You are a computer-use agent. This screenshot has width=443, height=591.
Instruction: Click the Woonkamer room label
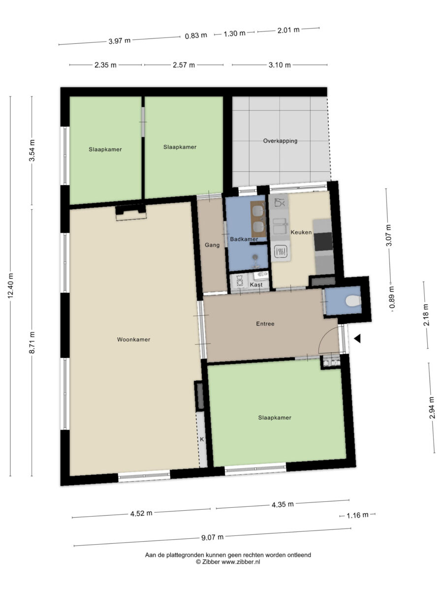click(x=133, y=339)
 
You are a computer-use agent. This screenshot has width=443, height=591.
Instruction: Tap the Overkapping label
click(x=280, y=141)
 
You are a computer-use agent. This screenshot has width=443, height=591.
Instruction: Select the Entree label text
click(x=265, y=324)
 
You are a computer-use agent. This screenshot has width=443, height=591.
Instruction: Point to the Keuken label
click(x=301, y=232)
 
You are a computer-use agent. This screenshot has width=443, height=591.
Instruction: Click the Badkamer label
click(x=244, y=239)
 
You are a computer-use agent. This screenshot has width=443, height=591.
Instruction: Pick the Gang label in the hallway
click(x=212, y=245)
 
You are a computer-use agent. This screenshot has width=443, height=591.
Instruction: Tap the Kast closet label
click(x=256, y=284)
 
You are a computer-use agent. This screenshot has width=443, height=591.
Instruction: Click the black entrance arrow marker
click(x=357, y=339)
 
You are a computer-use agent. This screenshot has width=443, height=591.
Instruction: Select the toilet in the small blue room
click(x=353, y=301)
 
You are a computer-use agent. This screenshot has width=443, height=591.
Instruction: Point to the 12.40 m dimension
click(x=10, y=286)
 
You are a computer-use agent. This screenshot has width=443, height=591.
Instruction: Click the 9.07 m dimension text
click(x=212, y=537)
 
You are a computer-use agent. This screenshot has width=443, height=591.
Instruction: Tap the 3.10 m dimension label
click(x=280, y=65)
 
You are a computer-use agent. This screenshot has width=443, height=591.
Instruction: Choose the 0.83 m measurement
click(x=196, y=35)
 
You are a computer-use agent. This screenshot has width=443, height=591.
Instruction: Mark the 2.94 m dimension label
click(x=432, y=408)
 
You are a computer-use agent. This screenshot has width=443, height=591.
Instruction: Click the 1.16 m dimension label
click(x=357, y=515)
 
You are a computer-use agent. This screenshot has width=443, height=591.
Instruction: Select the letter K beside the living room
click(x=202, y=439)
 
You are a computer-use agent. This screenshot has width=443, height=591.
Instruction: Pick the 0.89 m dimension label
click(x=392, y=297)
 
